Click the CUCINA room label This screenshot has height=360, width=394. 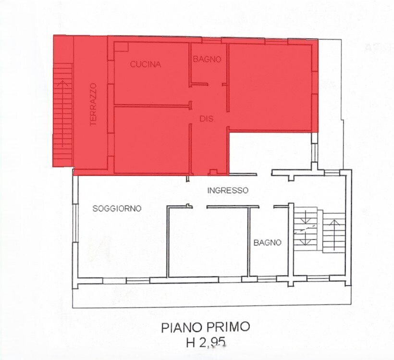point(146,64)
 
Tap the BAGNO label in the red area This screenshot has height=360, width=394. point(207,59)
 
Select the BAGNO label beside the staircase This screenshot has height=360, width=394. point(267,243)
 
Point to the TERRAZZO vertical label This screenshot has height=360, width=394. point(93,104)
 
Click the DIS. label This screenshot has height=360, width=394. point(207,119)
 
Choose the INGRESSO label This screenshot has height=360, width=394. point(228,190)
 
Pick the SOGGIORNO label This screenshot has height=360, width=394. point(117,209)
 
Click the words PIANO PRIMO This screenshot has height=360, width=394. point(206,327)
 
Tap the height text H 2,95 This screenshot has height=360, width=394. point(206,342)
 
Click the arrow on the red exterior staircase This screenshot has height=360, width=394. point(62,113)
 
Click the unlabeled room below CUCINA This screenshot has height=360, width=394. point(151,140)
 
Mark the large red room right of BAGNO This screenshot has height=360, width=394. point(270,87)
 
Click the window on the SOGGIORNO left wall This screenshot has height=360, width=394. point(75,223)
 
